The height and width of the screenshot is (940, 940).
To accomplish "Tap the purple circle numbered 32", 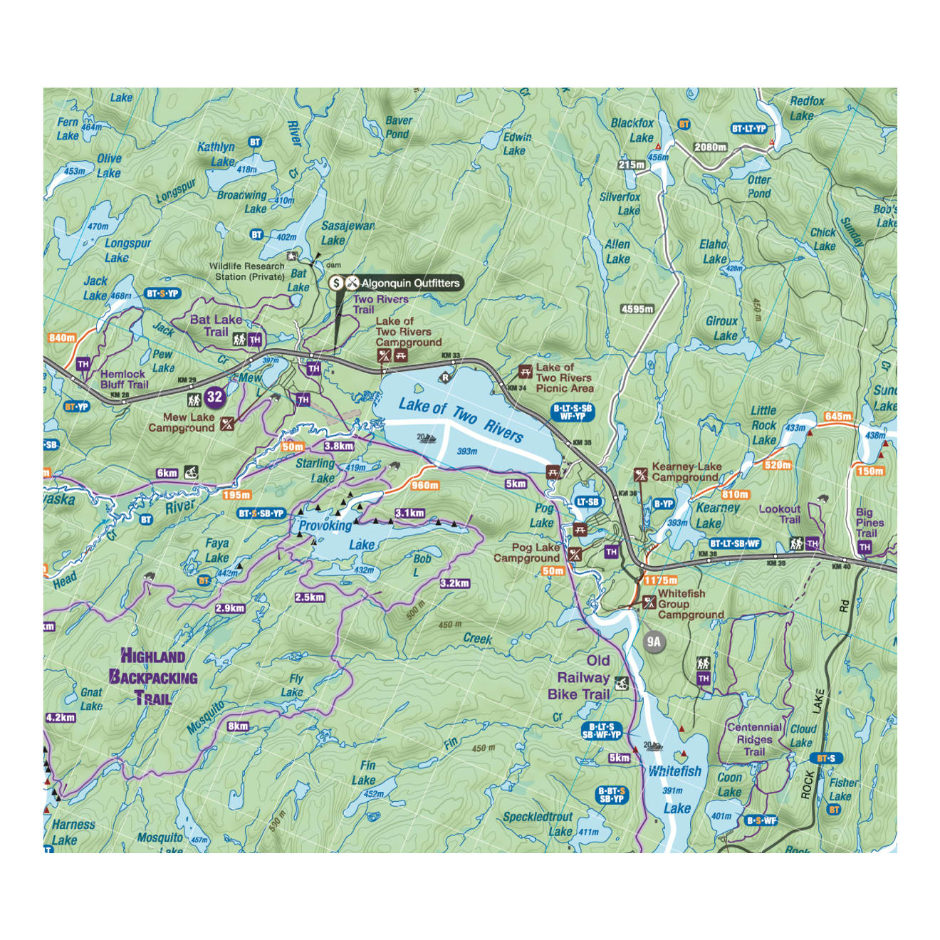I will (x=214, y=397).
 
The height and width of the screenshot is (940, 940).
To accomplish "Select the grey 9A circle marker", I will (x=654, y=642).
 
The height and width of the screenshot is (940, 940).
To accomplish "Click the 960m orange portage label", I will (x=424, y=485).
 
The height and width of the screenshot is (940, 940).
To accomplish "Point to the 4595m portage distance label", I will (x=637, y=309).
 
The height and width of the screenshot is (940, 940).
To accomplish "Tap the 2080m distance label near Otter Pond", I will (x=710, y=147).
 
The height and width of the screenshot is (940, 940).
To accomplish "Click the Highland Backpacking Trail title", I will (x=152, y=677).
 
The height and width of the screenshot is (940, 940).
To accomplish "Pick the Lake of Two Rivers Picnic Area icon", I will (x=526, y=371).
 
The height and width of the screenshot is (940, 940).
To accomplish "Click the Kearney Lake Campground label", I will (x=686, y=472).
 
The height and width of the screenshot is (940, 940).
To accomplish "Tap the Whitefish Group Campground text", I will (x=689, y=604).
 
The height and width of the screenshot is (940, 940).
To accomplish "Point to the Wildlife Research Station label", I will (x=247, y=271).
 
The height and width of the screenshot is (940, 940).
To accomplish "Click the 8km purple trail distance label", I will (x=238, y=726).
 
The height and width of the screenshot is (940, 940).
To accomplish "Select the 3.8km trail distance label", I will (x=339, y=446).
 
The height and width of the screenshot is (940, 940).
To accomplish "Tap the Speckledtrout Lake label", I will (x=538, y=823).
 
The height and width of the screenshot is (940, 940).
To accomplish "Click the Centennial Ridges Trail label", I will (x=754, y=739).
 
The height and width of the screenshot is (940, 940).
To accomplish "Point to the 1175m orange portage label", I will (x=660, y=580).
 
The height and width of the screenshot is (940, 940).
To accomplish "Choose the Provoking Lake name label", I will (x=337, y=535).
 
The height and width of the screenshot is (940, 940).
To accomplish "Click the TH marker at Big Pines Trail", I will (x=865, y=547).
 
